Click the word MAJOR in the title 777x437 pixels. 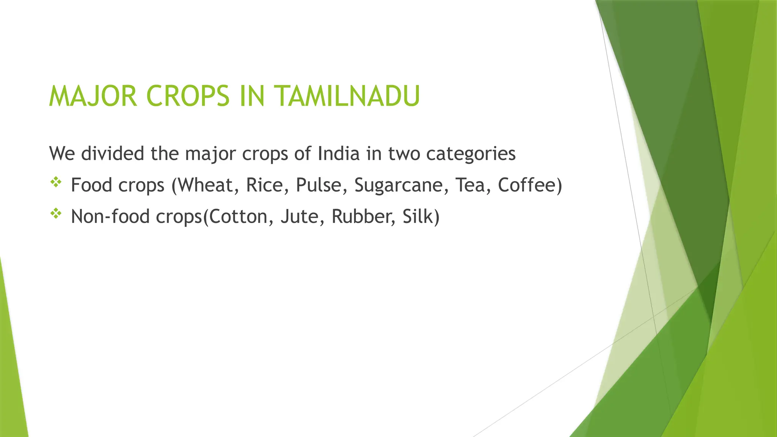point(93,96)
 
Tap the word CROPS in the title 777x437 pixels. point(188,96)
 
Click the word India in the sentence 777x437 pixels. point(338,154)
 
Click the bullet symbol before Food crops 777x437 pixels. point(56,182)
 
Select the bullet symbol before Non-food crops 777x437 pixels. point(56,214)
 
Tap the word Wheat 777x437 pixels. point(207,185)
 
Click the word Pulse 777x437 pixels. point(319,185)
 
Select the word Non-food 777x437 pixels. point(110,217)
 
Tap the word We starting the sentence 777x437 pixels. point(61,154)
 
